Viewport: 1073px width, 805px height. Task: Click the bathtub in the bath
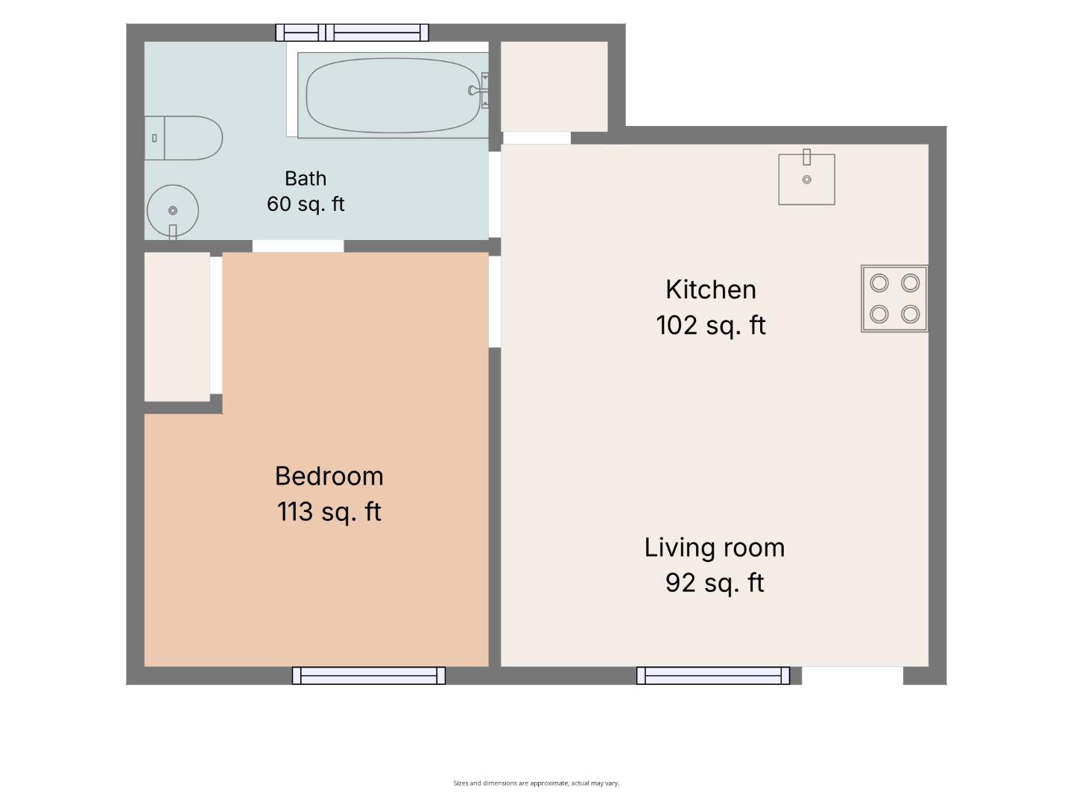tap(393, 95)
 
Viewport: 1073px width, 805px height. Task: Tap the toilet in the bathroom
tap(183, 138)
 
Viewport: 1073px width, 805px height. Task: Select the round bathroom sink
tap(173, 211)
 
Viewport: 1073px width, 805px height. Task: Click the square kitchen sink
tap(806, 178)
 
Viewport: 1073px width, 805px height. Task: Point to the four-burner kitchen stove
tap(894, 298)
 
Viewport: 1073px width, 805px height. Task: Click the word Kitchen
tap(710, 289)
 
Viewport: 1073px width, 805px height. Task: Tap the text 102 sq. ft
tap(710, 326)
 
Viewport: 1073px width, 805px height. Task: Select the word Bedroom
tap(329, 476)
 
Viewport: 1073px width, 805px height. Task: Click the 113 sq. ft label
tap(329, 512)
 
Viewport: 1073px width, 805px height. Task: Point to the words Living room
tap(714, 547)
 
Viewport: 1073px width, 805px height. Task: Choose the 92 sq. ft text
tap(714, 583)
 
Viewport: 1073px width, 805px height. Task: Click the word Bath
tap(306, 178)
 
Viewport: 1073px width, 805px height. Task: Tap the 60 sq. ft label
tap(306, 203)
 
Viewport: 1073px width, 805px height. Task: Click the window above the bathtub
tap(352, 33)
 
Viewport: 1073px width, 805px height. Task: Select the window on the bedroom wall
tap(369, 675)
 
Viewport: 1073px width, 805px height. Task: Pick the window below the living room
tap(713, 675)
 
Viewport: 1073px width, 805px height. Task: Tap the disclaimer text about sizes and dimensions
tap(536, 783)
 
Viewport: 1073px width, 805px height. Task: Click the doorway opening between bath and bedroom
tap(298, 246)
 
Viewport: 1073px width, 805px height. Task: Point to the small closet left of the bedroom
tap(177, 326)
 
